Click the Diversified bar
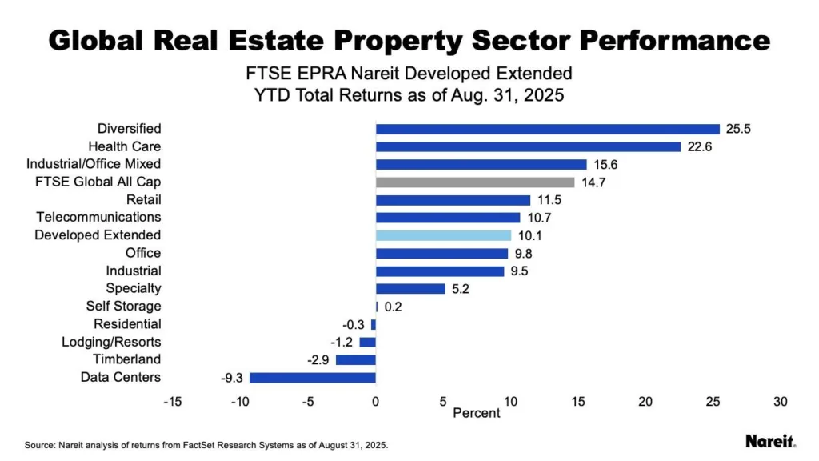(x=548, y=129)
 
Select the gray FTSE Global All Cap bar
(x=475, y=182)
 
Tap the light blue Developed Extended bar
(x=443, y=235)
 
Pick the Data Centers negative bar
(x=313, y=378)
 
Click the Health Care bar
(x=528, y=146)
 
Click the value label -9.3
(x=232, y=378)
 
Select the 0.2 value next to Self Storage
(x=393, y=307)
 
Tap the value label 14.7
(x=593, y=182)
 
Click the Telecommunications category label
(x=98, y=217)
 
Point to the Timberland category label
(x=126, y=359)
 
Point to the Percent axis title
(x=476, y=414)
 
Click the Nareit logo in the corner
(x=769, y=441)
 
